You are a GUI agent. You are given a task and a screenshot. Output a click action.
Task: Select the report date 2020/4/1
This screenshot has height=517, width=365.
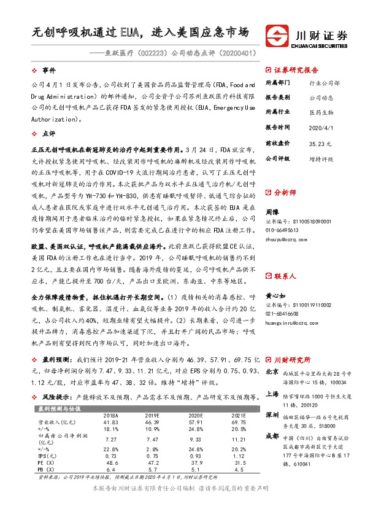[320, 127]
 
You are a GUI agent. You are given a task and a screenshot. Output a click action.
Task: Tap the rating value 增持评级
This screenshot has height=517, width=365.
[321, 158]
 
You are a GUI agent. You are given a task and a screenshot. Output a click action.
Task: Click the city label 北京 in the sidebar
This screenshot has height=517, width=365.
[272, 371]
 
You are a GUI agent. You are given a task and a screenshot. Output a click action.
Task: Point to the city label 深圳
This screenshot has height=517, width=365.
[272, 414]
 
